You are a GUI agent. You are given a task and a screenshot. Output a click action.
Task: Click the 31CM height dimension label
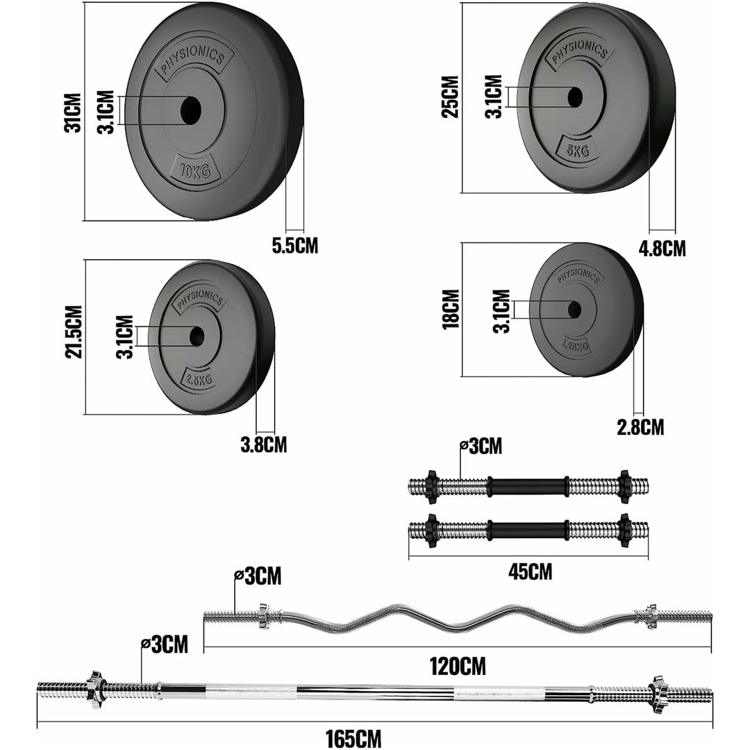coord(74,112)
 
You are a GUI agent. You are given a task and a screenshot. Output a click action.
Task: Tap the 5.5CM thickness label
coord(294,244)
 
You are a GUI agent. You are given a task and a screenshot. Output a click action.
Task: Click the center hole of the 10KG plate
coord(190,109)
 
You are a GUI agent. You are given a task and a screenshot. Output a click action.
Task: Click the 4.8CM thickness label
coord(662,248)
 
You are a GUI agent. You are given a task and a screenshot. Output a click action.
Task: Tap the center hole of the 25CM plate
coord(574,97)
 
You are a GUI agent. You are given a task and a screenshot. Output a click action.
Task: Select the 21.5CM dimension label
coord(74,332)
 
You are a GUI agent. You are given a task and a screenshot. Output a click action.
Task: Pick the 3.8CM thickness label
coord(263,444)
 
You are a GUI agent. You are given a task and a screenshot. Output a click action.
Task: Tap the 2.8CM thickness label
coord(640,426)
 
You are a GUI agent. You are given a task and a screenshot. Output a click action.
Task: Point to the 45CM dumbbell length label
coord(530,572)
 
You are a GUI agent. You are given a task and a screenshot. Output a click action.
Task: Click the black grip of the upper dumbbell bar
coord(528,485)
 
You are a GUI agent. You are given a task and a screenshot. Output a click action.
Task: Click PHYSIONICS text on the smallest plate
coord(579,276)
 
